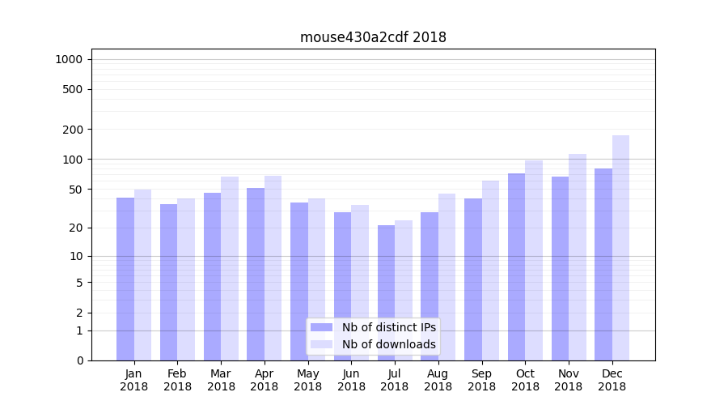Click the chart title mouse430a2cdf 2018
(x=373, y=37)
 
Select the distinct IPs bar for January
(x=125, y=279)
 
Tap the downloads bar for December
(x=620, y=248)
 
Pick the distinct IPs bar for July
(x=386, y=292)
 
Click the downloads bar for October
(x=534, y=260)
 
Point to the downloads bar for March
(x=230, y=268)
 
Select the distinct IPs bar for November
(x=560, y=268)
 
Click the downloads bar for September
(x=490, y=271)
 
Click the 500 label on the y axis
(x=73, y=89)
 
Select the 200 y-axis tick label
(x=73, y=130)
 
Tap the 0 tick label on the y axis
(x=79, y=360)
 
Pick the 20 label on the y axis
(x=76, y=228)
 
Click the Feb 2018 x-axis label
(x=177, y=380)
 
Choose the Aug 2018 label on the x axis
(x=438, y=380)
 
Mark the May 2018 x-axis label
(x=307, y=380)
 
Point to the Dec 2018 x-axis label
(x=612, y=380)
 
